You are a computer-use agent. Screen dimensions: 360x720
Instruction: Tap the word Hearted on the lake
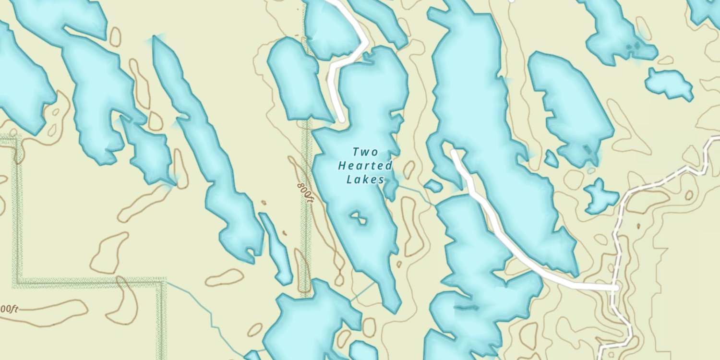click(365, 166)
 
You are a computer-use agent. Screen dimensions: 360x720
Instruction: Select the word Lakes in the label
click(365, 180)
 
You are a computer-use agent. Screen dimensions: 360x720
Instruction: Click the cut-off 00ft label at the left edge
click(9, 309)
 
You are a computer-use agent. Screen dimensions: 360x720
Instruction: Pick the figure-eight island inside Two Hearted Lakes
click(358, 218)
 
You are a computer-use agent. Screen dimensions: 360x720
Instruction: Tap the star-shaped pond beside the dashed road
click(600, 196)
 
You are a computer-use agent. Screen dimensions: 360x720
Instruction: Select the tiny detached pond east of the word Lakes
click(433, 185)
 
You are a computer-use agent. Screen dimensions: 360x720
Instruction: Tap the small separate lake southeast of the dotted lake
click(669, 83)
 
